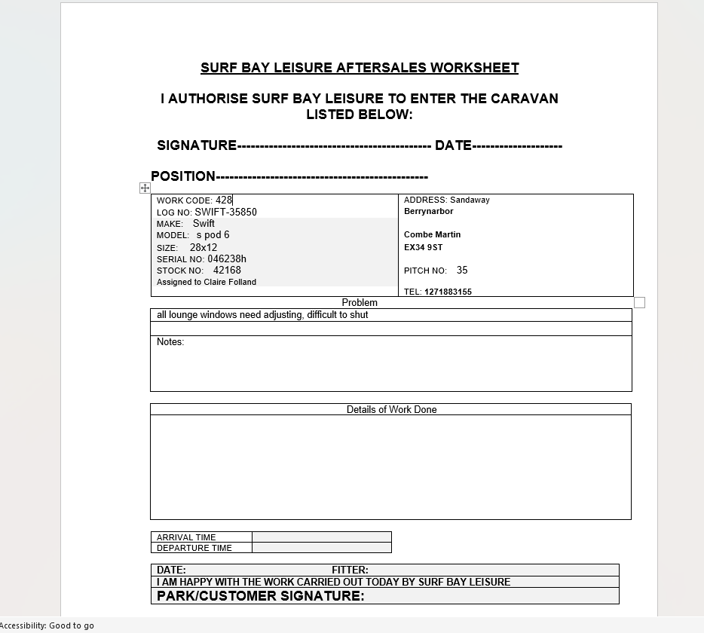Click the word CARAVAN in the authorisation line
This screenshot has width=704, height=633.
point(525,99)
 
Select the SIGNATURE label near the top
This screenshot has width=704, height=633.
point(197,145)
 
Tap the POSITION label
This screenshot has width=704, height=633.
point(183,176)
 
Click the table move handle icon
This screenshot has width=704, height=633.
point(145,188)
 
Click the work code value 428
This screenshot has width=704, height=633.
point(224,200)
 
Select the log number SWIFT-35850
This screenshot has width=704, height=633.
point(225,213)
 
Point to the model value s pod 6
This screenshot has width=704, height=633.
point(213,235)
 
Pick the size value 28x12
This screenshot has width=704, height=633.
point(204,247)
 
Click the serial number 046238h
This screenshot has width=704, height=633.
point(227,259)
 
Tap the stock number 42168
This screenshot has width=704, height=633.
point(227,271)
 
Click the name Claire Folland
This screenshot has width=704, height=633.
point(230,283)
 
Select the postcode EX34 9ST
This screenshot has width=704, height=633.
point(423,247)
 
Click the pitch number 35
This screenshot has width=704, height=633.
point(462,270)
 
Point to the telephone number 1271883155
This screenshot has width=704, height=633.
point(448,292)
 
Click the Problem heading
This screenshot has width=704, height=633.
point(360,303)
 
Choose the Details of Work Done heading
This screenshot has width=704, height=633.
point(391,410)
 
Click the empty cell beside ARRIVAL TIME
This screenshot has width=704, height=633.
point(322,537)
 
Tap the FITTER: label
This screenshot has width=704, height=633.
point(350,570)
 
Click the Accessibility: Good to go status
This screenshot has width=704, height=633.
point(47,625)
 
